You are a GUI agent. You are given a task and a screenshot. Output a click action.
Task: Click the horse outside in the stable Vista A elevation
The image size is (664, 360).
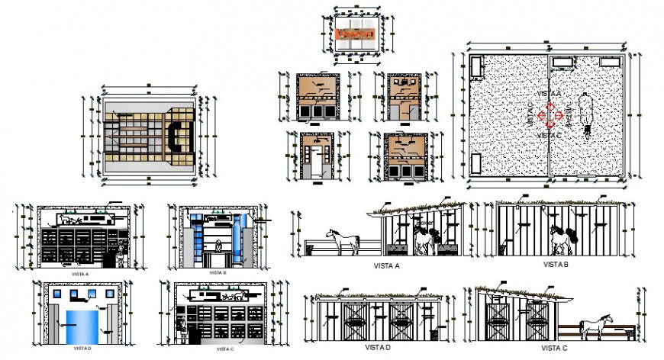(x=343, y=240)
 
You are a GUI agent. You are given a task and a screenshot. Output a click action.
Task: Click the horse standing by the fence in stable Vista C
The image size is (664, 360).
(x=593, y=328)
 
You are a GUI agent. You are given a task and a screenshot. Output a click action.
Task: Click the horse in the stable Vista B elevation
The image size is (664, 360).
(x=561, y=239)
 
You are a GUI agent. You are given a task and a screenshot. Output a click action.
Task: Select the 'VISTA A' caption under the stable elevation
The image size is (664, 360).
(x=388, y=265)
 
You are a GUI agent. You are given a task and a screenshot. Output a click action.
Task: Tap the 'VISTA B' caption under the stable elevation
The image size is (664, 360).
(x=553, y=264)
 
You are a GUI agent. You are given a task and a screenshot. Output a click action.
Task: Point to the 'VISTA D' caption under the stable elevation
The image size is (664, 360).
(x=377, y=348)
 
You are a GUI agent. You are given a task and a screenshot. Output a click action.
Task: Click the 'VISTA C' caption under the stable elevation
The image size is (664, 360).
(x=555, y=348)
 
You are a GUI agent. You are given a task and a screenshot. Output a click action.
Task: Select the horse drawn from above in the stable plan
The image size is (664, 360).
(x=587, y=115)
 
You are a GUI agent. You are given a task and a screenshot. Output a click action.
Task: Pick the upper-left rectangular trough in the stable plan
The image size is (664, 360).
(x=478, y=67)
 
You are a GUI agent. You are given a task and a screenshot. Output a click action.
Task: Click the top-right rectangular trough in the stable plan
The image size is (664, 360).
(x=609, y=61)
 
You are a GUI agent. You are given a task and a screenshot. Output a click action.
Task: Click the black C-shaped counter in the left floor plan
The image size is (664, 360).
(x=174, y=136)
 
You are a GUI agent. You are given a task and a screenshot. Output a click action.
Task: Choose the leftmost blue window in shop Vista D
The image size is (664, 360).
(x=58, y=292)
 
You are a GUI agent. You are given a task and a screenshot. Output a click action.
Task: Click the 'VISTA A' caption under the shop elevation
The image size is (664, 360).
(x=79, y=272)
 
